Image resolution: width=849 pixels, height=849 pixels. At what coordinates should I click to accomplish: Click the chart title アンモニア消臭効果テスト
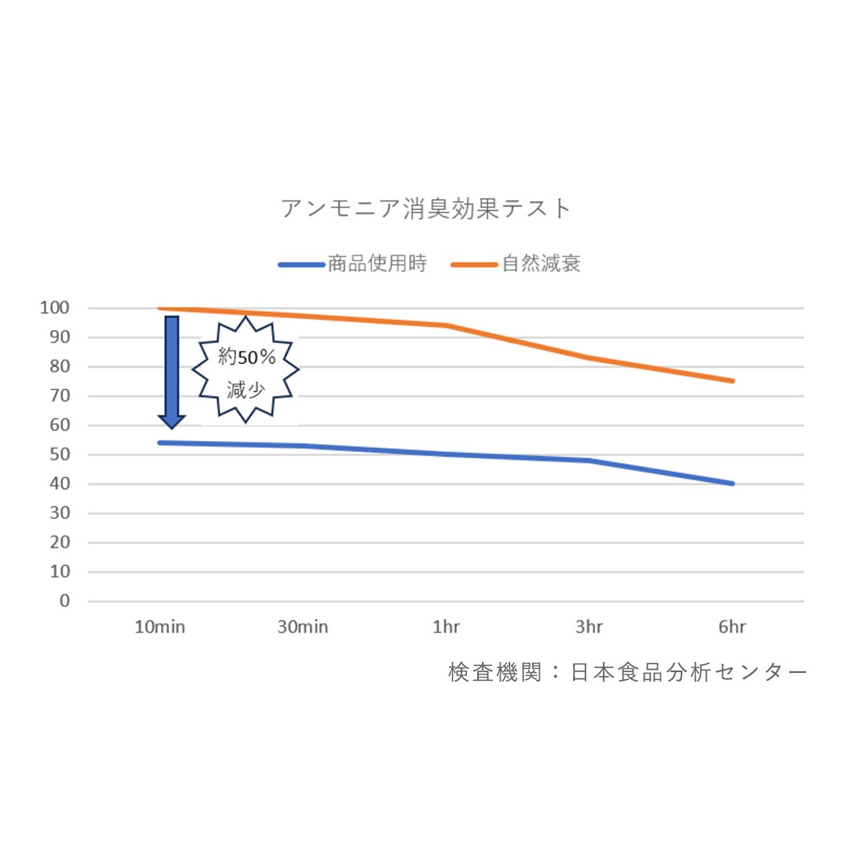(x=425, y=208)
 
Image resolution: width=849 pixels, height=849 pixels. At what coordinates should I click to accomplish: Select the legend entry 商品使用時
(x=352, y=263)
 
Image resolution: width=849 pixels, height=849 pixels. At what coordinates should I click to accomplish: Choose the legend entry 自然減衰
(x=516, y=263)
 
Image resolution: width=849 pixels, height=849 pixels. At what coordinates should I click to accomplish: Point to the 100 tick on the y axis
(x=55, y=308)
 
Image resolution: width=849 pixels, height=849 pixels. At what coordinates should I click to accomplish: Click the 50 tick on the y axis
(x=60, y=454)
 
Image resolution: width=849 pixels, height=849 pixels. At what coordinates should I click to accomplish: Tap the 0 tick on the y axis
(x=65, y=601)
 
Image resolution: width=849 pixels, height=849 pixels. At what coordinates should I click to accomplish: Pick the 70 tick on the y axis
(x=60, y=395)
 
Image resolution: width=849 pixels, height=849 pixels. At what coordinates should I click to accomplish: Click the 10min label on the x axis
(x=160, y=627)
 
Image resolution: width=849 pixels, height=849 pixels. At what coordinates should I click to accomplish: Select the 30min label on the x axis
(x=303, y=627)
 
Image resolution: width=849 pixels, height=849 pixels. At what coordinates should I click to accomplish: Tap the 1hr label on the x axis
(x=447, y=627)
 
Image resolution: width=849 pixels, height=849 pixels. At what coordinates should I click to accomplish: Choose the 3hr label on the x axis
(x=589, y=627)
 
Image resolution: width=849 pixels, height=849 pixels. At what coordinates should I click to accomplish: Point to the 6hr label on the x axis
(x=732, y=627)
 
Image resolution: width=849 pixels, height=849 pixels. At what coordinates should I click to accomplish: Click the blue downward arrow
(x=171, y=373)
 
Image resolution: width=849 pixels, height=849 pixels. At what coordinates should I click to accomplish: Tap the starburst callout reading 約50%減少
(x=245, y=369)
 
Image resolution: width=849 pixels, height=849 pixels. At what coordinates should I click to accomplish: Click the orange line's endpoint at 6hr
(x=732, y=381)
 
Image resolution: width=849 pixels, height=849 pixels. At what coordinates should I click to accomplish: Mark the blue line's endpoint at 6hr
(x=732, y=483)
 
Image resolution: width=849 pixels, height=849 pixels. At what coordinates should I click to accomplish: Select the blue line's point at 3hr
(x=589, y=461)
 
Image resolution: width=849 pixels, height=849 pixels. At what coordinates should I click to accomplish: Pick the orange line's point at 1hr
(x=447, y=325)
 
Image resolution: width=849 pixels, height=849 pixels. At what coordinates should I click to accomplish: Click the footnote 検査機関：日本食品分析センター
(x=627, y=672)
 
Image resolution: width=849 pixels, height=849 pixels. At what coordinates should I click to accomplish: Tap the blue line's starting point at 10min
(x=160, y=443)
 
